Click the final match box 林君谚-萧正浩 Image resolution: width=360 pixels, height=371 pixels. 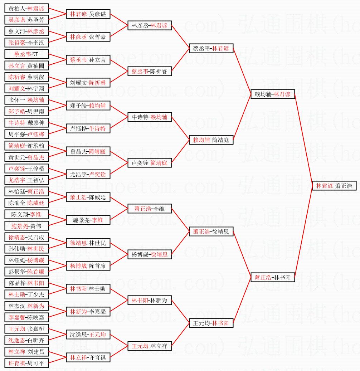[334, 186]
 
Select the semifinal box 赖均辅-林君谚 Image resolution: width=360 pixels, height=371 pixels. [273, 94]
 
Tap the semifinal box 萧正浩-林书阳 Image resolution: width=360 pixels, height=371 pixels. [273, 277]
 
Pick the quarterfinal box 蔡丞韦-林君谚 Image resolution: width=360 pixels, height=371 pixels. [211, 48]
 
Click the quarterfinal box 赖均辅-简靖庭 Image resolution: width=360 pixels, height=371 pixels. [211, 140]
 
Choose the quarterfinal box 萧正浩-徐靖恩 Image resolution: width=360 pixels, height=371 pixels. [211, 232]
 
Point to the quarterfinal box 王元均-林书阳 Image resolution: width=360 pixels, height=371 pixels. [211, 323]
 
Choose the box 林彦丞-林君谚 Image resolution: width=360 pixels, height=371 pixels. [150, 25]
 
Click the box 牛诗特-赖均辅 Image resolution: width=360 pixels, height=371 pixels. [150, 117]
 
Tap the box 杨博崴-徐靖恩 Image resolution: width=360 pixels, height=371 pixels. [150, 254]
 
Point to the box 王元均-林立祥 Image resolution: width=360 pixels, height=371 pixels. [150, 346]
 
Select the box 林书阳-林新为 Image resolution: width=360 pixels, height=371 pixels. [150, 300]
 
